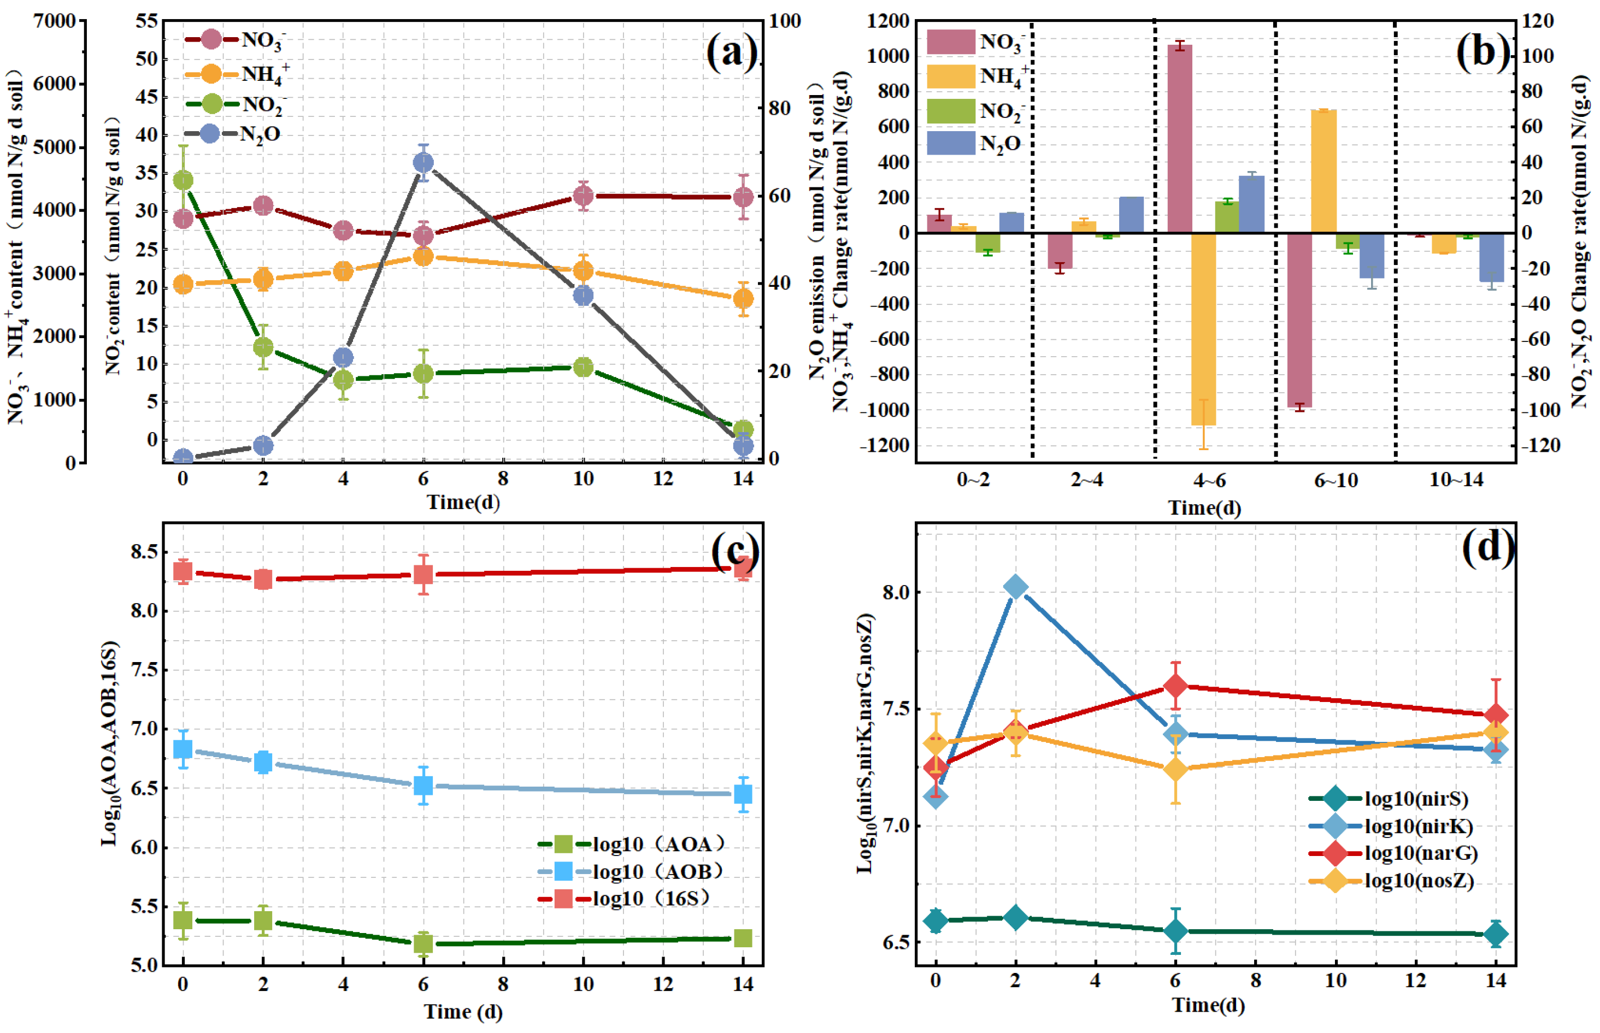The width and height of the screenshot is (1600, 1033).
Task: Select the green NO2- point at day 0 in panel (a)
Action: click(x=183, y=180)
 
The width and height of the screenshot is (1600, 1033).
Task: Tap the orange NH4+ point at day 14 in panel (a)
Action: click(x=743, y=298)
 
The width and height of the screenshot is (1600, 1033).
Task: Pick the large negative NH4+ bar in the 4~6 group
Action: click(x=1203, y=329)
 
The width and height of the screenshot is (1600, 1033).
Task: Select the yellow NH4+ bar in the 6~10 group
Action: click(x=1323, y=171)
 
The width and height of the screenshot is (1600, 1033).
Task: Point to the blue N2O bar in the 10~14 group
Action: click(x=1491, y=257)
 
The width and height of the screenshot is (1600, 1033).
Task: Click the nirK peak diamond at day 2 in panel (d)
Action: click(x=1016, y=587)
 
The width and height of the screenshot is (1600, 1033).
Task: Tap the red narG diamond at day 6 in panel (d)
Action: click(x=1175, y=686)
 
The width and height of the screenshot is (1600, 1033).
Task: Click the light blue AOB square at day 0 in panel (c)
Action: click(x=183, y=748)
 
